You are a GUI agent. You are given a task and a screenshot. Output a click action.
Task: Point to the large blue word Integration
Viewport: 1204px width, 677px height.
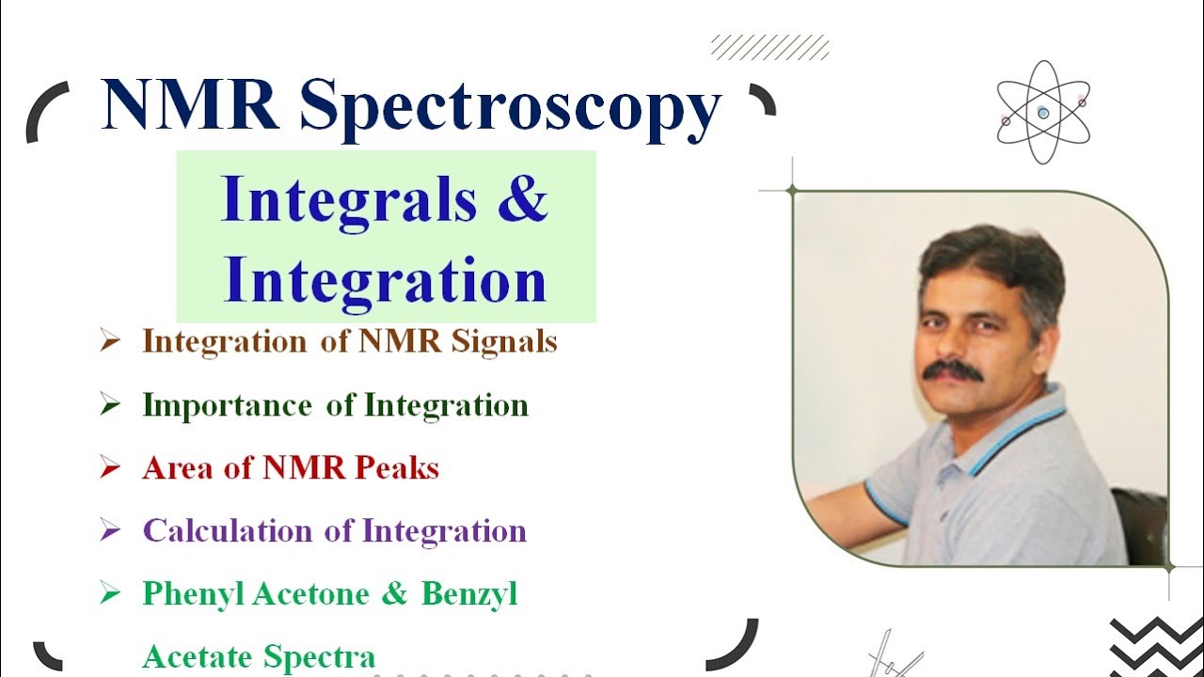tap(385, 280)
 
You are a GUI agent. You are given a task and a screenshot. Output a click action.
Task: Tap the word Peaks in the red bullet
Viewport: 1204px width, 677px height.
tap(396, 467)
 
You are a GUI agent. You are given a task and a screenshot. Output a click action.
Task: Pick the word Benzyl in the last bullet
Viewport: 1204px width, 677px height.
tap(469, 594)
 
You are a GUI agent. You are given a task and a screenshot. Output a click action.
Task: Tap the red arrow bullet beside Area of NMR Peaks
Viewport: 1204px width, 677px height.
tap(110, 467)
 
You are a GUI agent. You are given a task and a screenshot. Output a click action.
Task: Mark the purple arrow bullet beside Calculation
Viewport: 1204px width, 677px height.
tap(110, 530)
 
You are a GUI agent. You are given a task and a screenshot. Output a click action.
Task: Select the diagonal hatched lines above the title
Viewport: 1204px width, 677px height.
tap(769, 47)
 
